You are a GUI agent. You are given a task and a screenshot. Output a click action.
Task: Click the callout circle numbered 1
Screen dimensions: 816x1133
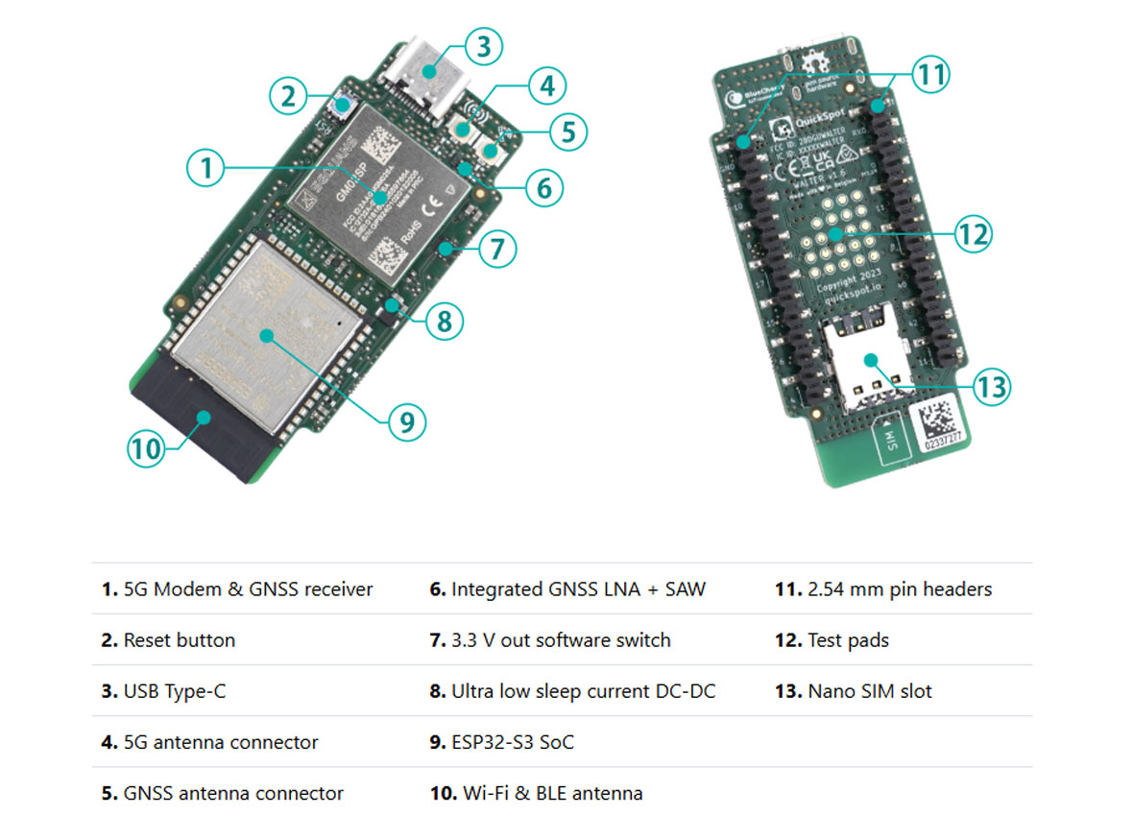[204, 169]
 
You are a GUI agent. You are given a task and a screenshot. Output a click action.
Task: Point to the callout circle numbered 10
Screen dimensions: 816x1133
[146, 448]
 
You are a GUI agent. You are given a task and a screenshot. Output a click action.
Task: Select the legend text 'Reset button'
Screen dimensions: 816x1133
[179, 640]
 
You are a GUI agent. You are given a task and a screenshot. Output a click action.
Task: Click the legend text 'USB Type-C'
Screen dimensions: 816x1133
[175, 691]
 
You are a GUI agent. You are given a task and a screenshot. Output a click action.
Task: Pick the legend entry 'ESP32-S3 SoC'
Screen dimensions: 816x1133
[513, 742]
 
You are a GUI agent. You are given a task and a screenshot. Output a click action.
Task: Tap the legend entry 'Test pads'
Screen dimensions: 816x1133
[848, 640]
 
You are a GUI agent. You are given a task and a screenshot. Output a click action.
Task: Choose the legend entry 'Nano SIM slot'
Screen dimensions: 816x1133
[869, 691]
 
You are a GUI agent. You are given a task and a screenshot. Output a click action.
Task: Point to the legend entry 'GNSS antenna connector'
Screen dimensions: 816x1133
[233, 793]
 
